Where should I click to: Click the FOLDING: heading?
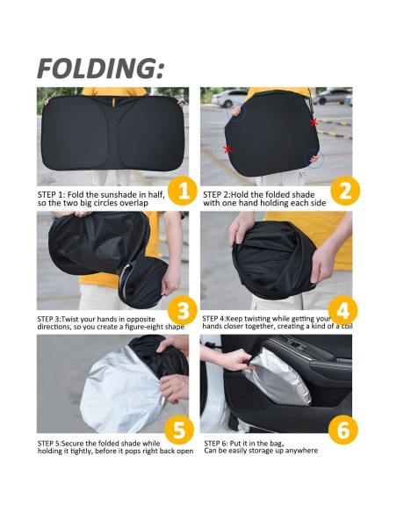[101, 69]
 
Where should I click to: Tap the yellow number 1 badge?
[183, 191]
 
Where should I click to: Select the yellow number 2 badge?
[345, 191]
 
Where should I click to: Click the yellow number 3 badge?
[183, 310]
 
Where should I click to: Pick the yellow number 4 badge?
[343, 310]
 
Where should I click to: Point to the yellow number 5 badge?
[179, 430]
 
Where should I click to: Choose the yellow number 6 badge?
[343, 430]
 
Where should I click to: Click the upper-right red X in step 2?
[314, 122]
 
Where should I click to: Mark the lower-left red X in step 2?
[227, 148]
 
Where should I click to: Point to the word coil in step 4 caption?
[347, 326]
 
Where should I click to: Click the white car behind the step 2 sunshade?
[229, 98]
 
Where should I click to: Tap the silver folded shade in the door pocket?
[278, 378]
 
